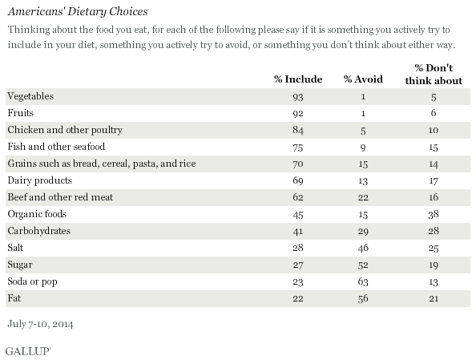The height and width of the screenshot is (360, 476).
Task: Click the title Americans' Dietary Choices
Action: click(78, 11)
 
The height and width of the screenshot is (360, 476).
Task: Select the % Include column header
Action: click(298, 79)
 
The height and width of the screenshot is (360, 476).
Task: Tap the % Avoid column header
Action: click(363, 79)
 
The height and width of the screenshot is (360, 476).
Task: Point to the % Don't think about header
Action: click(434, 74)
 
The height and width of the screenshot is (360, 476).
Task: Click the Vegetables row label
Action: click(30, 96)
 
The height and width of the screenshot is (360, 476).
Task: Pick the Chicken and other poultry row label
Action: click(65, 130)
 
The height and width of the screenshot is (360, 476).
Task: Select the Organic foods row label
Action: click(37, 214)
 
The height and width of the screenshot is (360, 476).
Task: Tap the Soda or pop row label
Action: click(32, 281)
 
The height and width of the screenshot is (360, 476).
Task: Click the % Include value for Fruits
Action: click(298, 113)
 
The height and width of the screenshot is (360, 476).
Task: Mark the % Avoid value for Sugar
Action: click(363, 265)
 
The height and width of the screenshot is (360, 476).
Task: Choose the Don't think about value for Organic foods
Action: click(434, 215)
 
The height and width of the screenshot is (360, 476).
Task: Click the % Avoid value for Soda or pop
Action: click(363, 281)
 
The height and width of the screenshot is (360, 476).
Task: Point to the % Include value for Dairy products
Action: click(298, 180)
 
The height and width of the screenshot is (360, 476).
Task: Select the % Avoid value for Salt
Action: click(363, 248)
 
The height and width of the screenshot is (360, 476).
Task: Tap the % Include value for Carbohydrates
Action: click(298, 231)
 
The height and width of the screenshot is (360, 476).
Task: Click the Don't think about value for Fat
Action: click(434, 298)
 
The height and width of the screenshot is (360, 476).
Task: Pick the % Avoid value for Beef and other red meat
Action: click(363, 197)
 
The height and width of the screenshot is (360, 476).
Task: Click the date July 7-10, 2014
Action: click(40, 324)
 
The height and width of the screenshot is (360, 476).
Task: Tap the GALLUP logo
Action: click(27, 351)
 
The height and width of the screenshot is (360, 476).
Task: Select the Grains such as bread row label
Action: click(102, 164)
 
